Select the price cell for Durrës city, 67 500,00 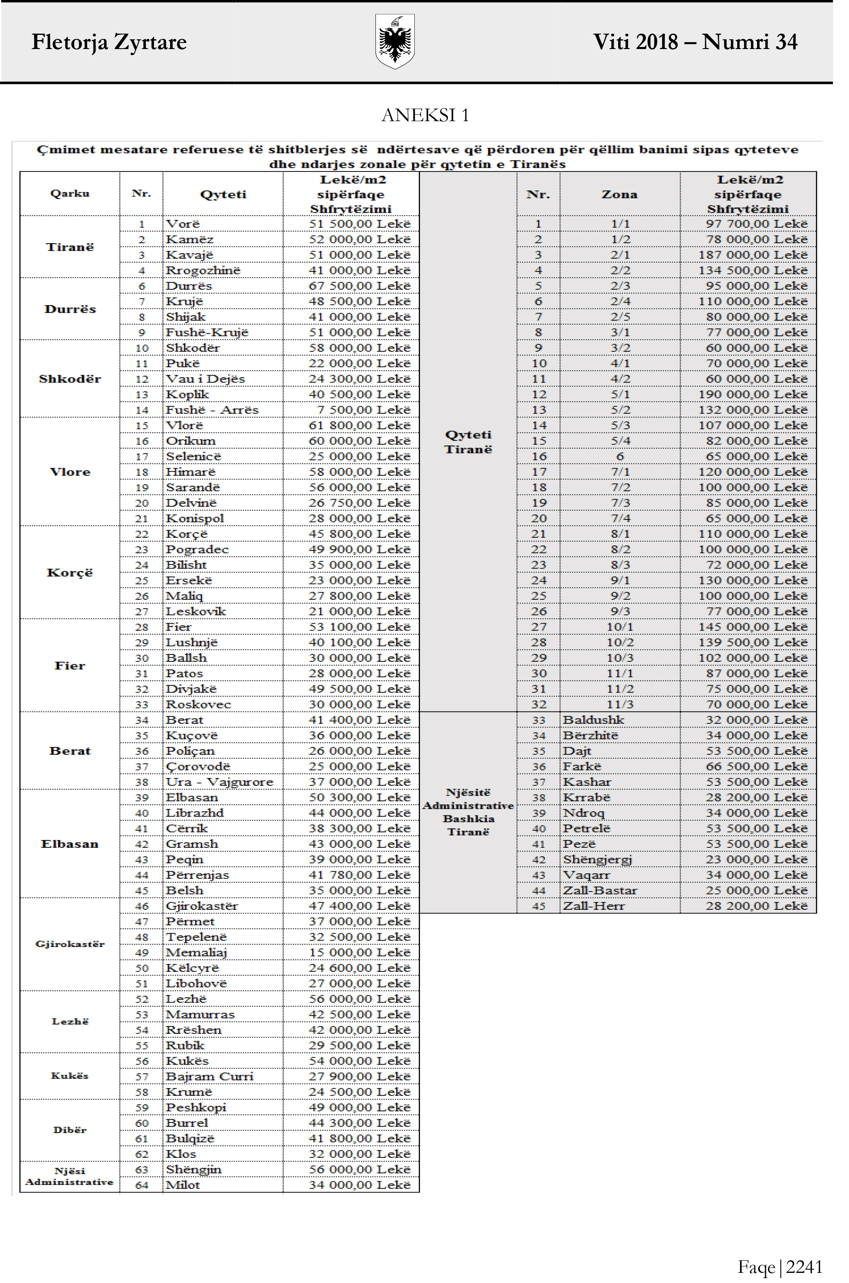[360, 286]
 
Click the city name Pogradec [197, 549]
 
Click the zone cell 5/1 [620, 394]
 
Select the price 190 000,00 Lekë [753, 394]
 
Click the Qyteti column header [223, 195]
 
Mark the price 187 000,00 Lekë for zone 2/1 [753, 255]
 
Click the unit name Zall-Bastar [600, 890]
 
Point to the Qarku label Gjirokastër [70, 944]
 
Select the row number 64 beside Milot [142, 1185]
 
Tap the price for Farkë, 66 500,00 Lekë [756, 766]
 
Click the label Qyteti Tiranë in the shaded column [468, 442]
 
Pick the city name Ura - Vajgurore [219, 782]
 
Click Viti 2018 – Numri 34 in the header [695, 42]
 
